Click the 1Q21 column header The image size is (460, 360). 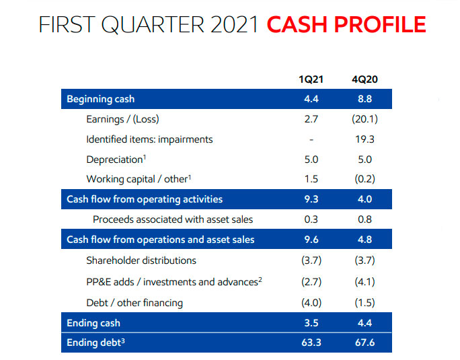(311, 80)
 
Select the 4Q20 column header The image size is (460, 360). (365, 80)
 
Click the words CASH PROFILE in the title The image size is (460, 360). (346, 25)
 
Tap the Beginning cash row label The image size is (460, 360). (101, 100)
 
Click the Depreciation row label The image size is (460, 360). (114, 159)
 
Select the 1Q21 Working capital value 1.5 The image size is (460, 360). (311, 180)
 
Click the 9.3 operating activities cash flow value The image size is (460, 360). (311, 199)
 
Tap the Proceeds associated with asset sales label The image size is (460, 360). (173, 219)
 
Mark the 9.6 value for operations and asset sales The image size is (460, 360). (311, 240)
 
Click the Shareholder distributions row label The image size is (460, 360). (141, 260)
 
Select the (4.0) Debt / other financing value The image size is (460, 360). (311, 302)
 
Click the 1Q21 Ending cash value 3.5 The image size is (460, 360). (311, 323)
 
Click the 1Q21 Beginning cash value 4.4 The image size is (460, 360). (311, 100)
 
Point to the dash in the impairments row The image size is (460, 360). (311, 140)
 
